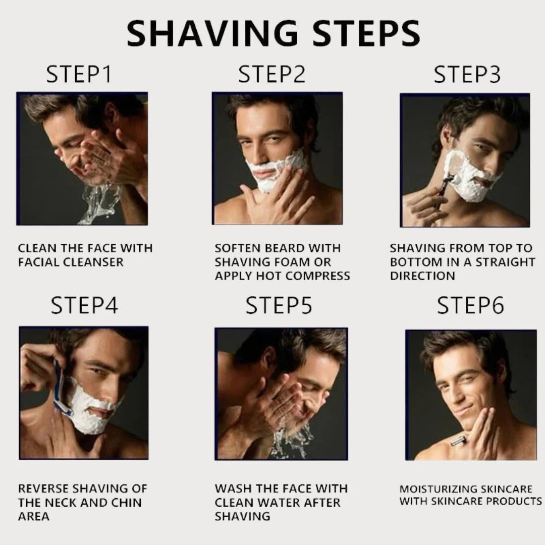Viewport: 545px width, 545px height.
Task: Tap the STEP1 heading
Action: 79,75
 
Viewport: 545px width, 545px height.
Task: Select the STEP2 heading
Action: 272,75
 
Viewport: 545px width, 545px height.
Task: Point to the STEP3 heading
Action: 467,75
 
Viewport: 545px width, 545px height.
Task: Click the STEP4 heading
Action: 84,306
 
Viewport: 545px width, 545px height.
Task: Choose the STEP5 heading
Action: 279,306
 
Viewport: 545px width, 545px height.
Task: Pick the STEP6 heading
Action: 470,306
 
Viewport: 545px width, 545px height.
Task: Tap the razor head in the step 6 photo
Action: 458,442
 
